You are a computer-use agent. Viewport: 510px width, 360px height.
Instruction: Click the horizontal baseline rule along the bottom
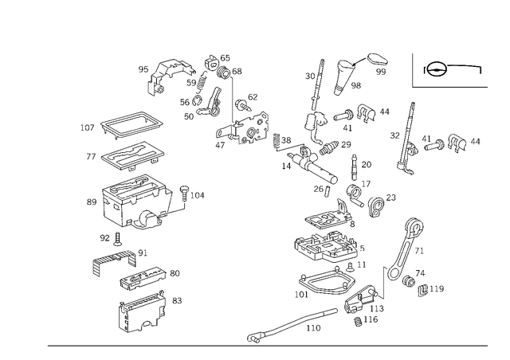(x=267, y=345)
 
